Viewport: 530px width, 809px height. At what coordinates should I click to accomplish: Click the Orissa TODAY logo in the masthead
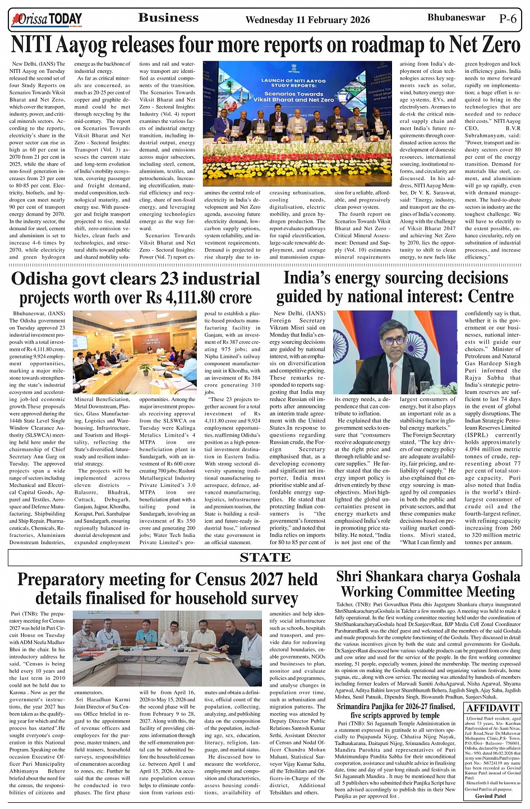pos(47,20)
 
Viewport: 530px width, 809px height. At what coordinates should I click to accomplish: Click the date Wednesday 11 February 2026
pos(307,20)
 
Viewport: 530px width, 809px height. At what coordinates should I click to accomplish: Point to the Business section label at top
pos(168,18)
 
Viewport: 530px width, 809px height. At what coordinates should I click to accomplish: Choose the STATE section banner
pos(265,558)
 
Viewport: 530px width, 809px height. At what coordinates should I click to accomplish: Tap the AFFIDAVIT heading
pos(493,708)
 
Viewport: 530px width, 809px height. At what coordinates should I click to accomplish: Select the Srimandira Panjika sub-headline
pos(395,711)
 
